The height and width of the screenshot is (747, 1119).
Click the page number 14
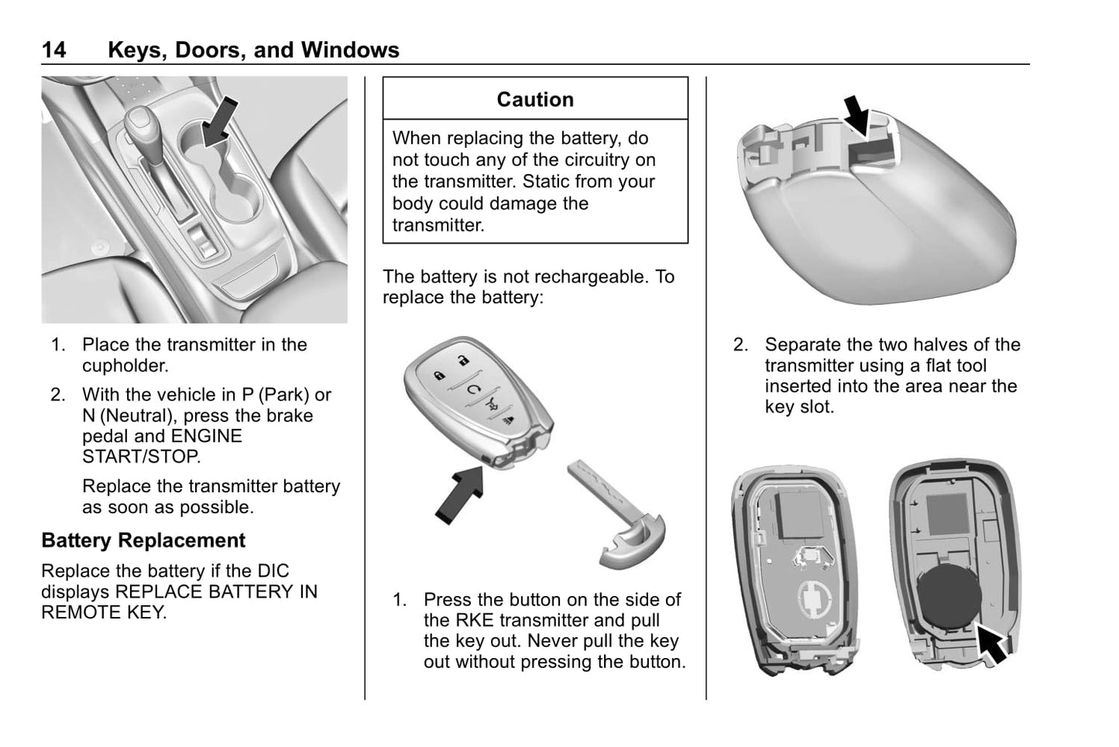click(x=53, y=50)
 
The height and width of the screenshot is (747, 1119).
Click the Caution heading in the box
click(x=535, y=99)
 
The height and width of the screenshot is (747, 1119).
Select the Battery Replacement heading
click(x=143, y=540)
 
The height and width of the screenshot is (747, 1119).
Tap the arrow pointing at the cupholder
click(x=218, y=122)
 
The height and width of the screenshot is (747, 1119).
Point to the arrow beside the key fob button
click(x=462, y=492)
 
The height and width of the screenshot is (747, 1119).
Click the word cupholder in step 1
click(x=125, y=365)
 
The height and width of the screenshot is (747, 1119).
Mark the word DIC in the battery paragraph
click(x=273, y=571)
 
